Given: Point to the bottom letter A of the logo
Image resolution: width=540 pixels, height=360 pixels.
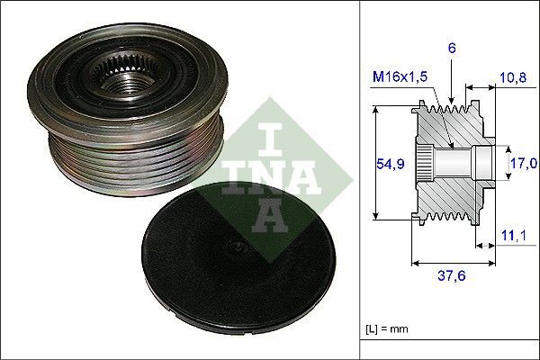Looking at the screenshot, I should pyautogui.click(x=270, y=214).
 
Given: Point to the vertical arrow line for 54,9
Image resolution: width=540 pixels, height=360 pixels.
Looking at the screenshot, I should pyautogui.click(x=372, y=164).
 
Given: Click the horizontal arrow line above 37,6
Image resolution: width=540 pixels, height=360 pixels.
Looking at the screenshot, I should pyautogui.click(x=452, y=264).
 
